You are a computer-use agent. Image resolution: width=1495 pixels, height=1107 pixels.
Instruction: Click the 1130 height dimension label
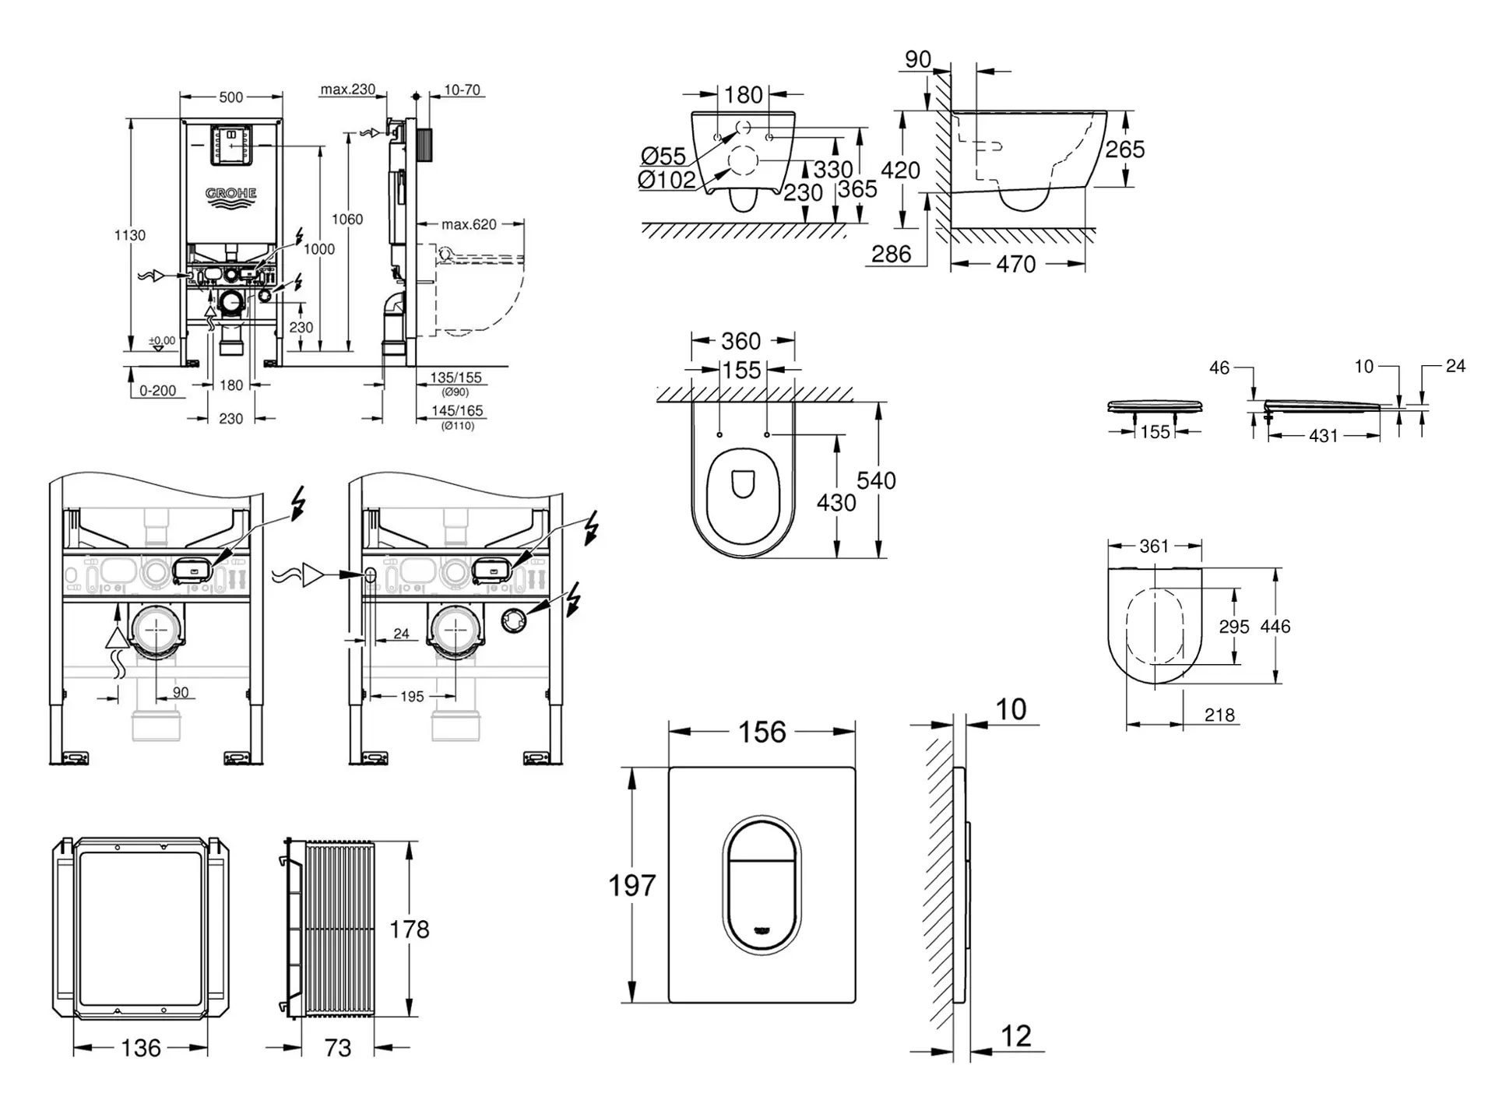(x=129, y=235)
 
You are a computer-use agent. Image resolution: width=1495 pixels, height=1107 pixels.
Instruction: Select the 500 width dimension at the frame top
(x=230, y=97)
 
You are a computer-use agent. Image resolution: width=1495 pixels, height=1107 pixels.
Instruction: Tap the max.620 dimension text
(x=469, y=224)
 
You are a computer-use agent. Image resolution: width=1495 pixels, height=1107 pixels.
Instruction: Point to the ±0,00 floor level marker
(x=162, y=341)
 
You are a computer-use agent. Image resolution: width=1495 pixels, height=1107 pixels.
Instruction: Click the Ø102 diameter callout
(x=666, y=180)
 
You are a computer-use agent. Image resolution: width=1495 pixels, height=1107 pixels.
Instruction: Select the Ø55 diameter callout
(x=663, y=156)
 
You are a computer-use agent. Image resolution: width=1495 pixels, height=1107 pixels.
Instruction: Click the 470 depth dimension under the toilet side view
(x=1015, y=265)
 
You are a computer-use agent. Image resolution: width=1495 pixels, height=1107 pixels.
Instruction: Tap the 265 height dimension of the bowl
(x=1124, y=149)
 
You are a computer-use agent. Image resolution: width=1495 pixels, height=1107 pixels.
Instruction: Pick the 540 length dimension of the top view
(x=876, y=480)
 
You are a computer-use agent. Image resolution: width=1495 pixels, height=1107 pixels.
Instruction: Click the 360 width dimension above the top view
(x=740, y=341)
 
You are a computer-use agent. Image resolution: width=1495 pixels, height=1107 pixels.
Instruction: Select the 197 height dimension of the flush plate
(x=631, y=885)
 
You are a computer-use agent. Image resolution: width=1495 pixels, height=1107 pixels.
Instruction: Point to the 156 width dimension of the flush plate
(x=762, y=732)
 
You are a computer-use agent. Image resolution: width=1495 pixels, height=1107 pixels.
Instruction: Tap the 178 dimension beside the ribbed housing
(x=409, y=929)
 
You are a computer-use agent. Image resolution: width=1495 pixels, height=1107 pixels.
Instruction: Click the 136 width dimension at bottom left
(x=141, y=1048)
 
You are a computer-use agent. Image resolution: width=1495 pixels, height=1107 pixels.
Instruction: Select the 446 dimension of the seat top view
(x=1275, y=626)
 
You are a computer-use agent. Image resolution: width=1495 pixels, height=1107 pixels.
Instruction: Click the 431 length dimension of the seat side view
(x=1323, y=436)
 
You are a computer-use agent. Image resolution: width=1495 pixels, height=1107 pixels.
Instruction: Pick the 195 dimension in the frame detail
(x=412, y=697)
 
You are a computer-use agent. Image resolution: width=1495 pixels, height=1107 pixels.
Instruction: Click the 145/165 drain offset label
(x=457, y=410)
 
